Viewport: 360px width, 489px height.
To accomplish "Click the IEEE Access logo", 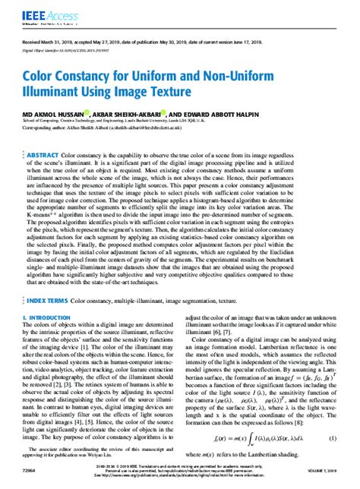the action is tap(45, 12).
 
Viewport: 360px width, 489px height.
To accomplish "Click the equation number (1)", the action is tap(333, 439).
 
